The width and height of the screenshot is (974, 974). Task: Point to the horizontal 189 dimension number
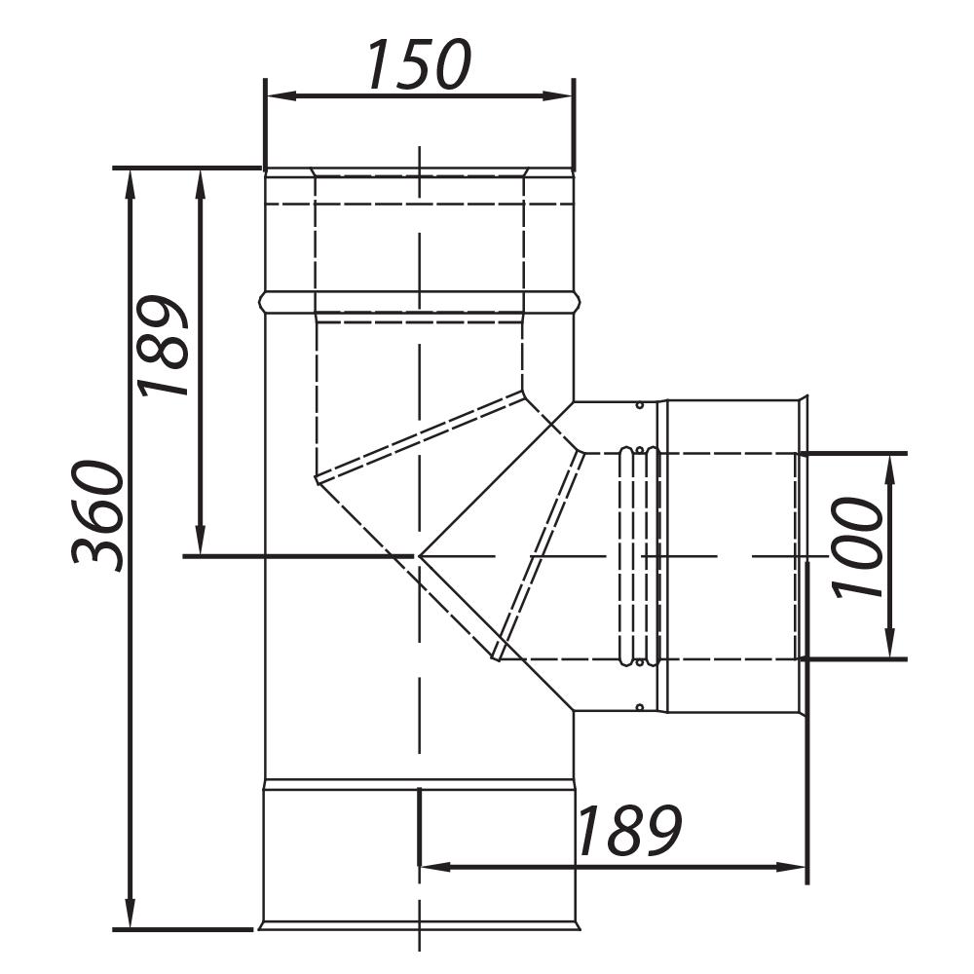pos(628,831)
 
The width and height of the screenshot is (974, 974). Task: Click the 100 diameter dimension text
pos(857,546)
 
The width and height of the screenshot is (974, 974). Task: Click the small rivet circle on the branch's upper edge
pos(638,405)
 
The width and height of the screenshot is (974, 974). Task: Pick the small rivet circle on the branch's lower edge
pos(638,707)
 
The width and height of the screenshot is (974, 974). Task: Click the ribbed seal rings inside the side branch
pos(639,556)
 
